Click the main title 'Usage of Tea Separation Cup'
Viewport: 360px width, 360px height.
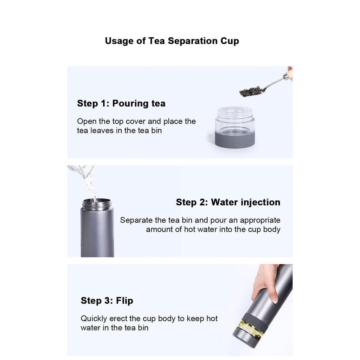pyautogui.click(x=172, y=41)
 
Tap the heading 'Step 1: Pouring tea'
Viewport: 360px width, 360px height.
pyautogui.click(x=121, y=104)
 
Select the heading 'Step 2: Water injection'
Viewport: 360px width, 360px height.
pyautogui.click(x=228, y=202)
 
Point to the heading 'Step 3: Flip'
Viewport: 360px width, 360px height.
pyautogui.click(x=107, y=301)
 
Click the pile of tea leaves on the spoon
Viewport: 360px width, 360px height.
pyautogui.click(x=251, y=91)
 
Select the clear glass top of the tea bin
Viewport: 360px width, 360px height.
pyautogui.click(x=235, y=120)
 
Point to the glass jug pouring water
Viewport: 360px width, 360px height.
pyautogui.click(x=81, y=170)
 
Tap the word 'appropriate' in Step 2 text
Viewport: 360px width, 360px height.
pyautogui.click(x=260, y=220)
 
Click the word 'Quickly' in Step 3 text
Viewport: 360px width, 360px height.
pyautogui.click(x=94, y=319)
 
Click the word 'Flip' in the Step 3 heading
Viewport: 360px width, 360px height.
pyautogui.click(x=125, y=301)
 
